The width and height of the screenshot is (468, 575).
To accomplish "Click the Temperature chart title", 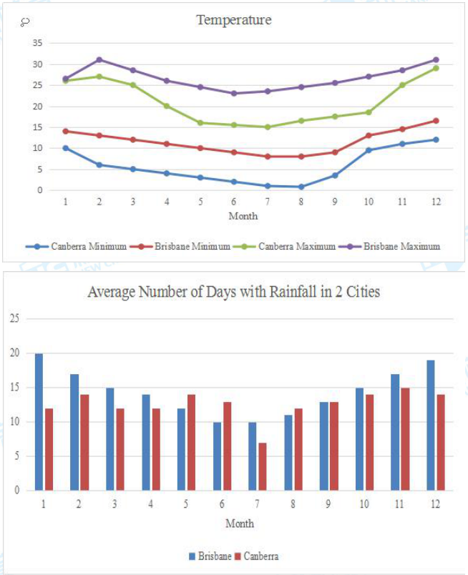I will pos(234,20).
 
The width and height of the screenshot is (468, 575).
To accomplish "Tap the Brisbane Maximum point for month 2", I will pos(99,59).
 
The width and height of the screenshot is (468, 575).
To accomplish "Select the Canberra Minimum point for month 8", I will pos(301,187).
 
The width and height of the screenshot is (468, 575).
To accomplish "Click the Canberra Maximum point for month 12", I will pos(435,68).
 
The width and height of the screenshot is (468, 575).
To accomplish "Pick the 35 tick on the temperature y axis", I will pos(38,43).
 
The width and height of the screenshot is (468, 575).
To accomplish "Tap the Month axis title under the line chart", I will pos(243,215).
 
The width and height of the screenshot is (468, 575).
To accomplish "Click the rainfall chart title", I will pos(233,292).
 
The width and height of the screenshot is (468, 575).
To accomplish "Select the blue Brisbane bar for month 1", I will pos(39,422).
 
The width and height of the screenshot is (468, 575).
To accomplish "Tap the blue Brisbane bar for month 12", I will pos(431,426).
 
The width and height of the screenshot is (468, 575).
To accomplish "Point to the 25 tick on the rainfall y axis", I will pos(14,318).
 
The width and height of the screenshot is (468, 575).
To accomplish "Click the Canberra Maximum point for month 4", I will pos(167,106).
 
